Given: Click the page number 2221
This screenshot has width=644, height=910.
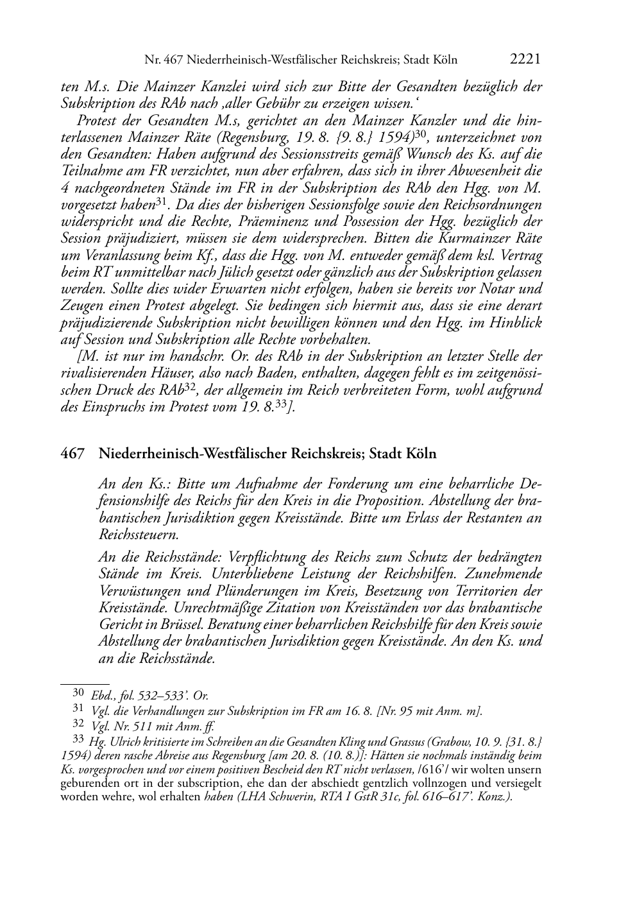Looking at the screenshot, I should (525, 60).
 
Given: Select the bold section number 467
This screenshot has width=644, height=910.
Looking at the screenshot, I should (72, 454).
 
